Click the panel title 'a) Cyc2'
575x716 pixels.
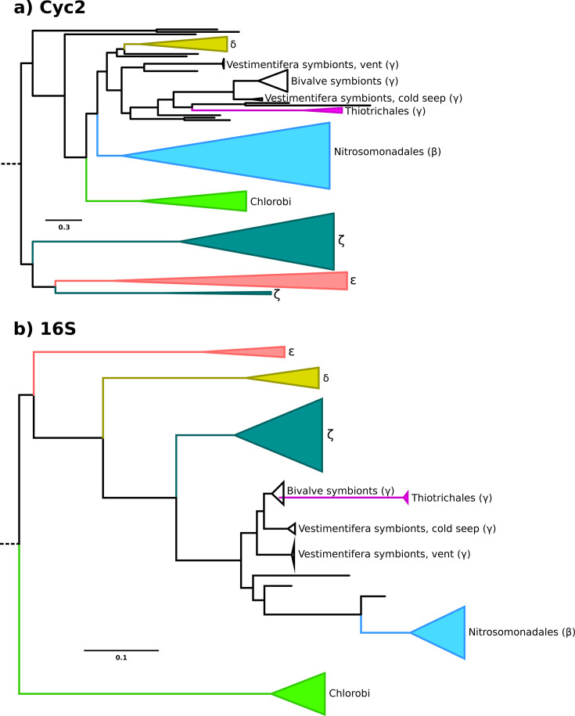tap(49, 13)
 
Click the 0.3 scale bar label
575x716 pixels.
tap(63, 228)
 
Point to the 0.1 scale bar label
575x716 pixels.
tap(121, 657)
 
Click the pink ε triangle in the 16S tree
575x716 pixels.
tap(258, 351)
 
